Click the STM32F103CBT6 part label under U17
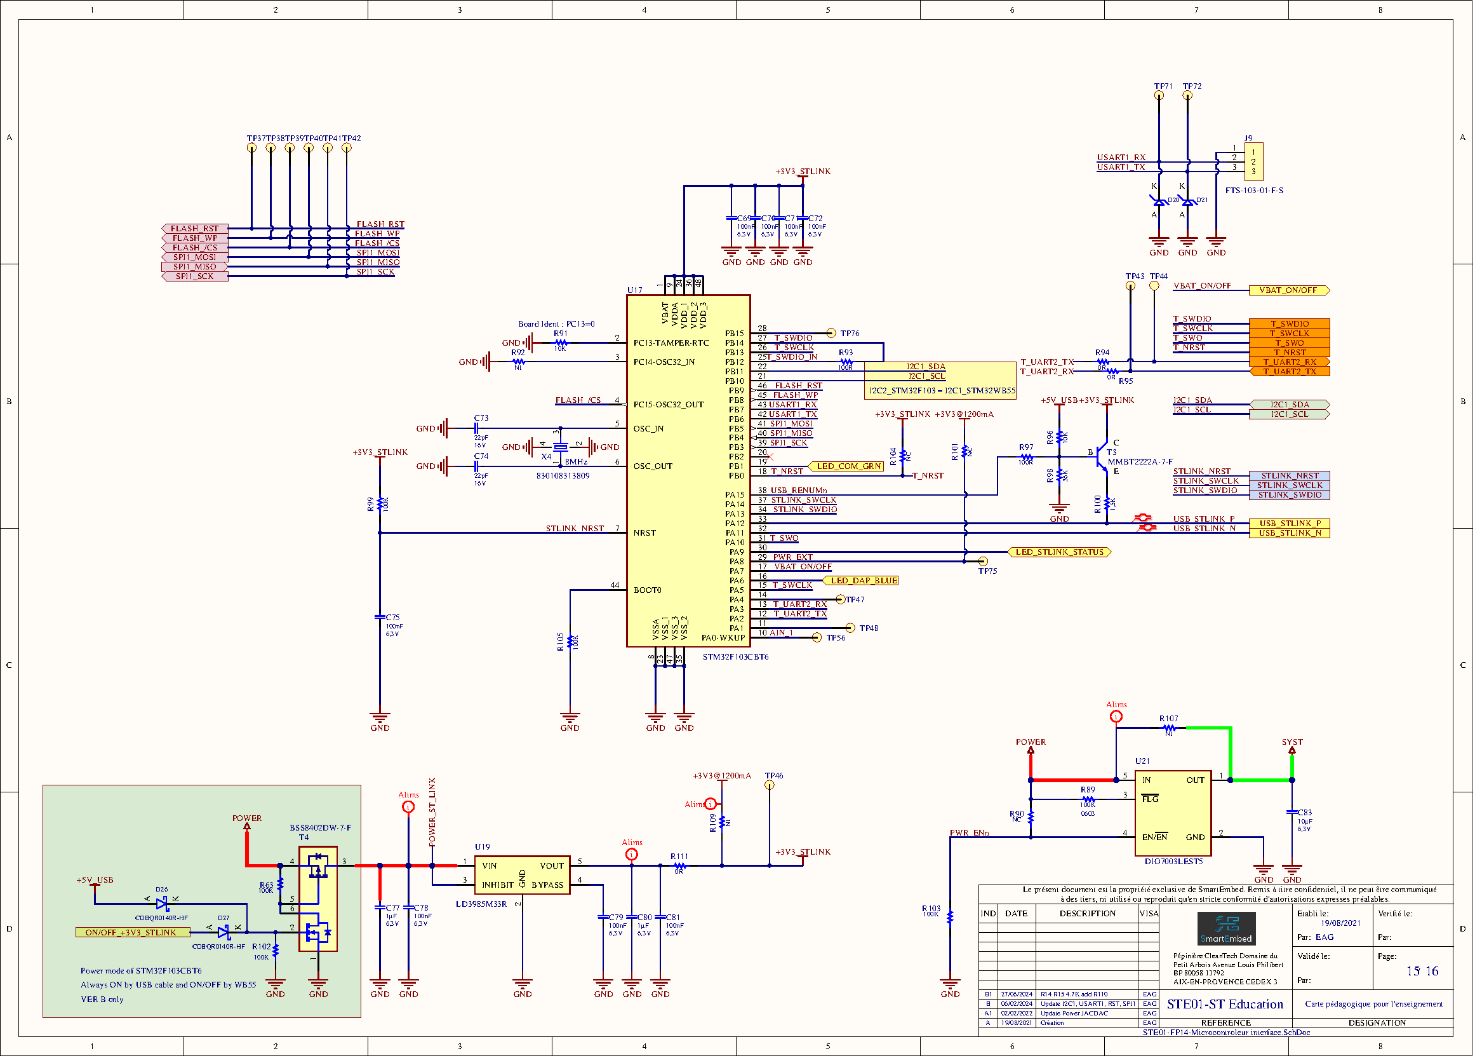pos(735,657)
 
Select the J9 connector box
pos(1253,161)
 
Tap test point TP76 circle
pos(831,333)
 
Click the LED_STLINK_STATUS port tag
pos(1060,552)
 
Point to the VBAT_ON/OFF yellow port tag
pos(1288,290)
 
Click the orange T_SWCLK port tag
pos(1289,333)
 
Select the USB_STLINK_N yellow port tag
pos(1289,533)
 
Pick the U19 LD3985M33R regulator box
pos(521,875)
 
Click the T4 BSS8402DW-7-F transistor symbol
pos(318,899)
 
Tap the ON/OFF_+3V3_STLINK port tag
pos(132,932)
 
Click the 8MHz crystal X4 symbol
pos(560,447)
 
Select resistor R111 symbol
pos(679,866)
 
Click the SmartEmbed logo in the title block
pos(1226,928)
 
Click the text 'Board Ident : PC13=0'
pos(556,323)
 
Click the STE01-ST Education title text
pos(1225,1004)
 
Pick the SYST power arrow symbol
pos(1291,751)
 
